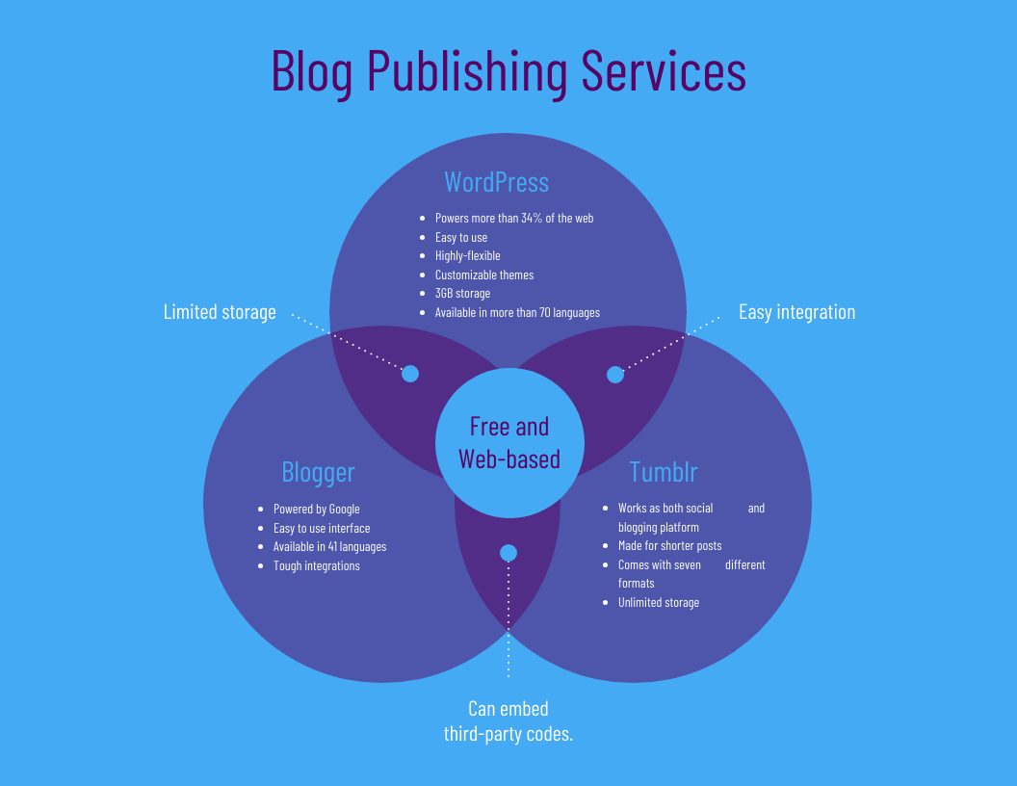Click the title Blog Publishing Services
(508, 72)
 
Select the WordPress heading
(496, 182)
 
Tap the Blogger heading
(318, 473)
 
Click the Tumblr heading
(664, 473)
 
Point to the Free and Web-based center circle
(508, 443)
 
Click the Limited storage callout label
(220, 312)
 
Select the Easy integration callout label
(796, 312)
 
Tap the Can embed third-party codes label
(508, 721)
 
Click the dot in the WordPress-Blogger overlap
(410, 374)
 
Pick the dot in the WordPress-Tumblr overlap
(615, 375)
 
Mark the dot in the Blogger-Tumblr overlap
(508, 553)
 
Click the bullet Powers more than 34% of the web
(513, 219)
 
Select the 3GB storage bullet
(462, 294)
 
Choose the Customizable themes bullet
(483, 275)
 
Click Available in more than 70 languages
(517, 312)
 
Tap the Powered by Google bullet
(316, 510)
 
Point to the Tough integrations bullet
(316, 565)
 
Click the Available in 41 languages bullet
(329, 547)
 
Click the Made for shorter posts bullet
(669, 546)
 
